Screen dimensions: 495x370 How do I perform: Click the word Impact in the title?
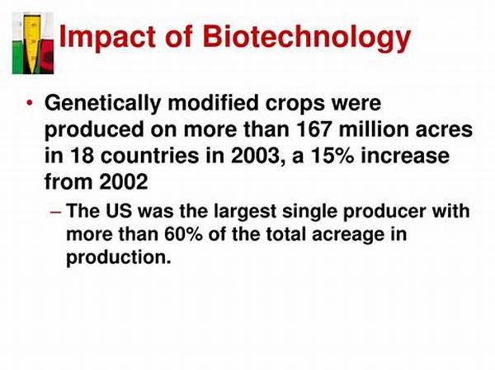pos(107,37)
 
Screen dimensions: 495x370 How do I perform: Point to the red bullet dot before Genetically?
pos(30,103)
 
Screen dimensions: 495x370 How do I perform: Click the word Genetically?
pos(102,104)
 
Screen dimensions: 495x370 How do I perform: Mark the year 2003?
pos(255,156)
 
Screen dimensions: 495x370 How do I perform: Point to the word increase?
pos(405,156)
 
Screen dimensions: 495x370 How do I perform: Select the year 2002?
pos(124,182)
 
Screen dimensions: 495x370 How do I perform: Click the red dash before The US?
pos(55,212)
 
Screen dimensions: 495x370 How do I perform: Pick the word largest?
pos(245,212)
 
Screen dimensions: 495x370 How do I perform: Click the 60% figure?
pos(183,234)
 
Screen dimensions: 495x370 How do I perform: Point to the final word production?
pos(118,257)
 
